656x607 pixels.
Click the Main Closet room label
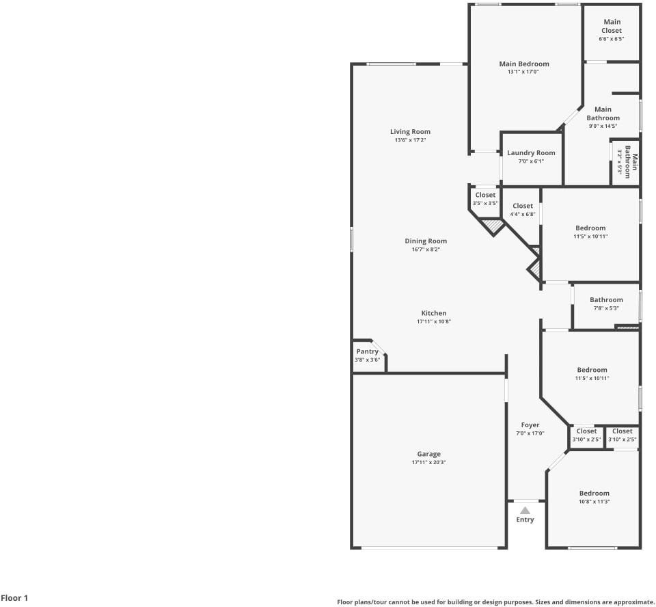point(612,26)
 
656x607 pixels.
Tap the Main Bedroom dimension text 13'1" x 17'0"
point(523,72)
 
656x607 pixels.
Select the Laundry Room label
point(531,153)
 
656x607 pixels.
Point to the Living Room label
point(410,131)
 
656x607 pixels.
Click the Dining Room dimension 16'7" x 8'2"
point(426,249)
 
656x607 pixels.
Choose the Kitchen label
point(433,312)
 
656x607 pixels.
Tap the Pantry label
point(368,351)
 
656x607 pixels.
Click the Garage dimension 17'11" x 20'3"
point(428,462)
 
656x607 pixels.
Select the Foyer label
point(530,425)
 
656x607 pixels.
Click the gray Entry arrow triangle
point(525,511)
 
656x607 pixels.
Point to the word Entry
point(525,520)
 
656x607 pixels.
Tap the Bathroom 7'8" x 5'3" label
point(606,299)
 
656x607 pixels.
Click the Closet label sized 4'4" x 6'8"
point(523,206)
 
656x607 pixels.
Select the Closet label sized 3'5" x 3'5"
point(485,195)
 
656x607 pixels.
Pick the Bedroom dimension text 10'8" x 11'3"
point(594,502)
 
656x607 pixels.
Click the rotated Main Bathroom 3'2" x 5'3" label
point(627,161)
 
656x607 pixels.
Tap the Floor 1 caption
point(14,598)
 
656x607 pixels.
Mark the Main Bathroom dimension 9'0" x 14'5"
point(603,126)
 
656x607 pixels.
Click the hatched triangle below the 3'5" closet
point(493,226)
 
